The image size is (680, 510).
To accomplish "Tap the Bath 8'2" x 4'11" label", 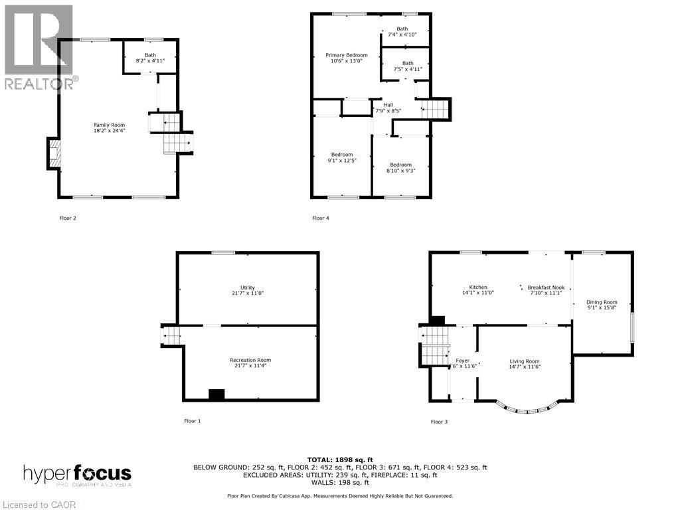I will point(150,58).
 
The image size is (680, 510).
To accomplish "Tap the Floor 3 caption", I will point(440,422).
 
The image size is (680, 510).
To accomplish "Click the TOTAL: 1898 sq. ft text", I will point(339,460).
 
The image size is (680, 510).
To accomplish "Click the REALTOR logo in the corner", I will point(39,46).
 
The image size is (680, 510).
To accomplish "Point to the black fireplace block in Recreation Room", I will point(216,394).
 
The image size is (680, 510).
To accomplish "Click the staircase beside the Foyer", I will point(436,345).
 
